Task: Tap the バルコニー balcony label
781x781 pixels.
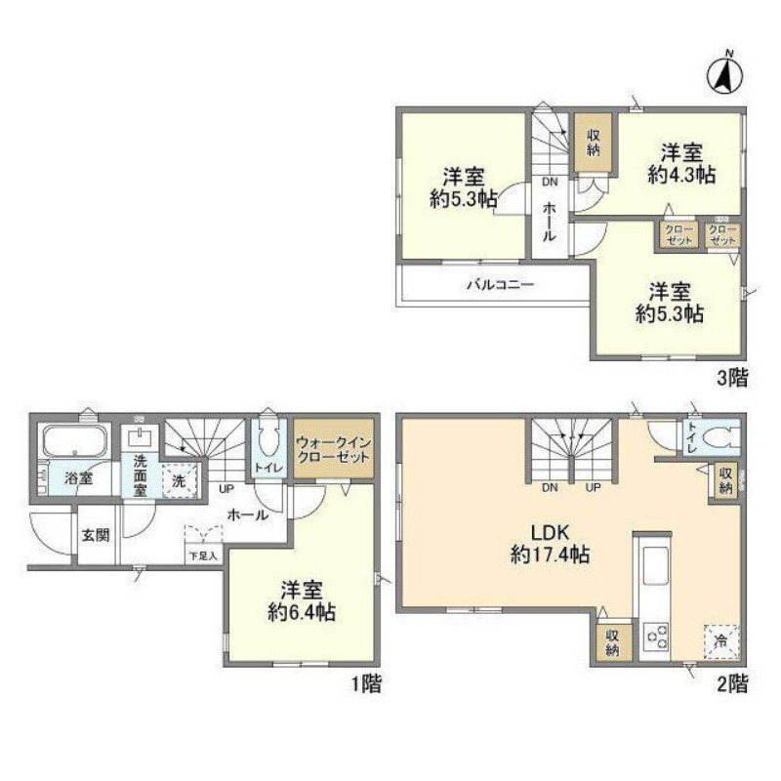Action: pos(498,286)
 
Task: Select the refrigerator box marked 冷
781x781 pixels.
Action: pos(720,640)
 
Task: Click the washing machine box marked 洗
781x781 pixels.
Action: pos(179,480)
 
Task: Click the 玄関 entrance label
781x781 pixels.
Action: pos(95,534)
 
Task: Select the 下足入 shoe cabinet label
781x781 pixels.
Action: pos(204,555)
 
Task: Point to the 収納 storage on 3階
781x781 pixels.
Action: pos(594,144)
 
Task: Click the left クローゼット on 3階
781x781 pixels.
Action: pos(677,234)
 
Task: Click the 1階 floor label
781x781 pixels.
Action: pos(365,683)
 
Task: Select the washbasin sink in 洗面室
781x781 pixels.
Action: pos(143,436)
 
